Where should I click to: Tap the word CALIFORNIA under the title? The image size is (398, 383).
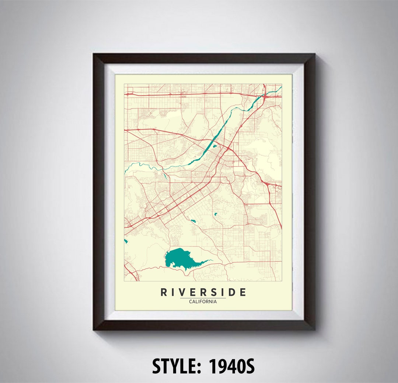point(203,301)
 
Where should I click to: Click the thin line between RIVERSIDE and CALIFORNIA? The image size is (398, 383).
point(203,298)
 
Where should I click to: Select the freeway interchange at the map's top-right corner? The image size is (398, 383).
point(265,97)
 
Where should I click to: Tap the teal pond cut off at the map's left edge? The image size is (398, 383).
point(126,241)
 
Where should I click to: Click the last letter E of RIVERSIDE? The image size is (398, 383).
point(242,293)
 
